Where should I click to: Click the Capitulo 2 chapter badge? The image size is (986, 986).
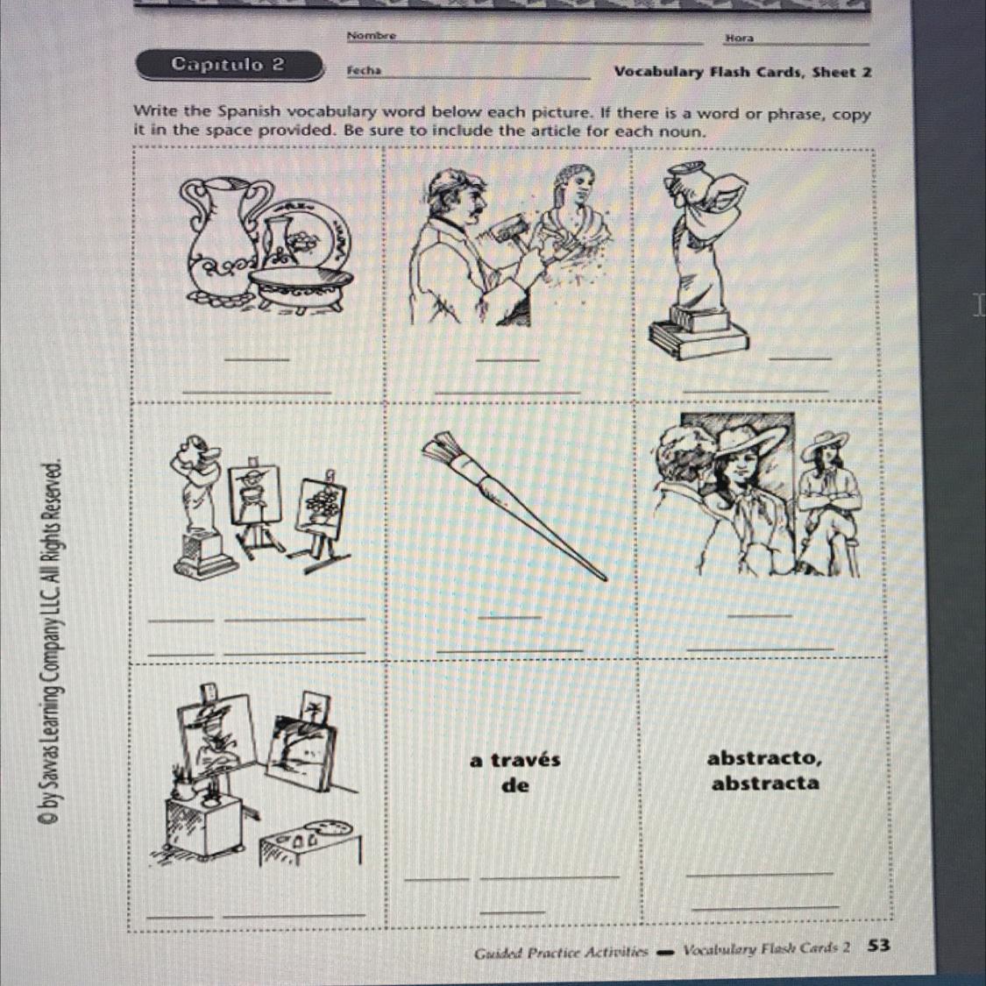coord(231,66)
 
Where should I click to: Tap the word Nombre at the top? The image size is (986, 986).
coord(371,35)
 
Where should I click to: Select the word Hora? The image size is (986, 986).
coord(740,38)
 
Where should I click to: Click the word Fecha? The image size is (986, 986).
coord(364,70)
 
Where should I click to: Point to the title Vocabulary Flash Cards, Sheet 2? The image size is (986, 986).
coord(742,72)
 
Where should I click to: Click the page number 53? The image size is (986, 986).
coord(878,945)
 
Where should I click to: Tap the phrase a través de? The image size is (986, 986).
coord(515,771)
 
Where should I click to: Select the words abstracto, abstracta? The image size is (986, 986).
coord(764,770)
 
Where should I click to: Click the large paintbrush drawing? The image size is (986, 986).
coord(514,505)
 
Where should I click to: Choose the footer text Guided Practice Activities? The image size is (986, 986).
coord(561,952)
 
